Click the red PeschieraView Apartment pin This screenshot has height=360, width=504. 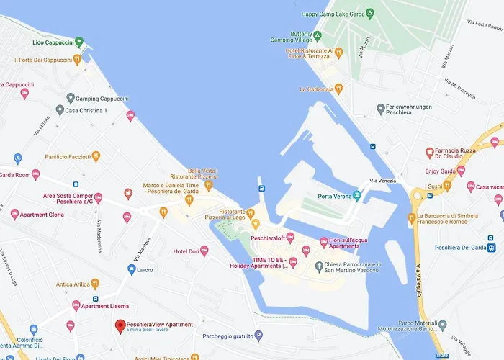pyautogui.click(x=120, y=327)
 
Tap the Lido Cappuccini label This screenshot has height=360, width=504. pyautogui.click(x=49, y=41)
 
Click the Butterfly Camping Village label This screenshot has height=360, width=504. pyautogui.click(x=290, y=38)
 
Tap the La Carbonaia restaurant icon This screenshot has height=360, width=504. pyautogui.click(x=338, y=89)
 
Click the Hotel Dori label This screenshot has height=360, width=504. pyautogui.click(x=186, y=251)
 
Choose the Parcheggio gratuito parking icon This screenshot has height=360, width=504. pyautogui.click(x=258, y=336)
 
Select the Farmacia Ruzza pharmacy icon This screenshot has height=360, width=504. pyautogui.click(x=429, y=153)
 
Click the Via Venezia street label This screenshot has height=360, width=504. pyautogui.click(x=383, y=181)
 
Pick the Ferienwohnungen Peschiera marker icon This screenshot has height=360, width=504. pyautogui.click(x=381, y=109)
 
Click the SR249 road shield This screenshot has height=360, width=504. pyautogui.click(x=442, y=354)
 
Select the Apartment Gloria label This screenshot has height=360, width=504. pyautogui.click(x=47, y=215)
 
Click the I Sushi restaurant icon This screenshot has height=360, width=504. pyautogui.click(x=447, y=186)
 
